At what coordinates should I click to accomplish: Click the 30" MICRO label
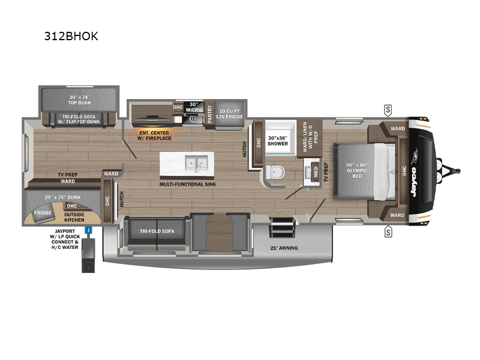[x=193, y=107]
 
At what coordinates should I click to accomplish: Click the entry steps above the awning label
[x=283, y=229]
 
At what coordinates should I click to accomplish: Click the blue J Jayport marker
[x=88, y=229]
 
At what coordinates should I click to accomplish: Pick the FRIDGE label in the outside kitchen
[x=42, y=213]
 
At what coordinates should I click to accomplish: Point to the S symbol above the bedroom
[x=388, y=109]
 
